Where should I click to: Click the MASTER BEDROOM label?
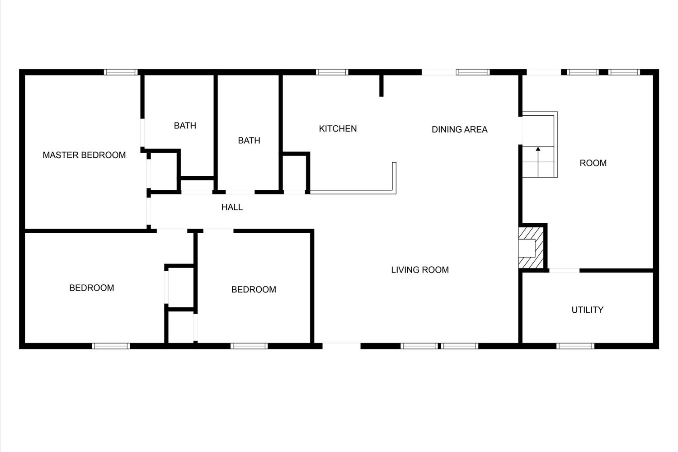click(84, 155)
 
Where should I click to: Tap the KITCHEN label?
click(338, 129)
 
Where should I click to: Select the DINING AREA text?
click(460, 130)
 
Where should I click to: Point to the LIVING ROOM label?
click(420, 270)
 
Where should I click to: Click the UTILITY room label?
click(588, 310)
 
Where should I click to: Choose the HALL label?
click(232, 207)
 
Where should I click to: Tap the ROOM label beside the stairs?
click(593, 163)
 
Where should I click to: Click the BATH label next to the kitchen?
click(249, 141)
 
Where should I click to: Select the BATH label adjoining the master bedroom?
click(185, 126)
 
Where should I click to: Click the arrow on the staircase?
click(538, 162)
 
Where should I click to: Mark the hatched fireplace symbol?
click(531, 248)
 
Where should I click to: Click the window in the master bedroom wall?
click(121, 72)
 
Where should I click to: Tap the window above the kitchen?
click(332, 72)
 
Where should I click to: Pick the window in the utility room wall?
click(575, 346)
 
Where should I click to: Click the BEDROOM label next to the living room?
click(254, 289)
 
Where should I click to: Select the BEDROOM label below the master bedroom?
click(92, 287)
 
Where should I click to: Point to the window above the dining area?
click(473, 72)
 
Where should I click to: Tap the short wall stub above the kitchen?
click(381, 86)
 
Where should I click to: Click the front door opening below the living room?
click(341, 346)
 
